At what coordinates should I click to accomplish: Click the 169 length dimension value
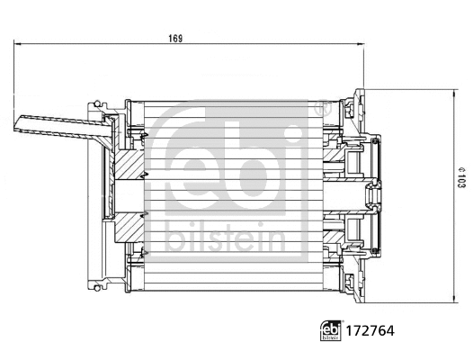click(176, 38)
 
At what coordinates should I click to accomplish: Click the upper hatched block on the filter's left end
click(125, 166)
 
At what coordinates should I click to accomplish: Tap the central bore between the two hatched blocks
click(125, 191)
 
